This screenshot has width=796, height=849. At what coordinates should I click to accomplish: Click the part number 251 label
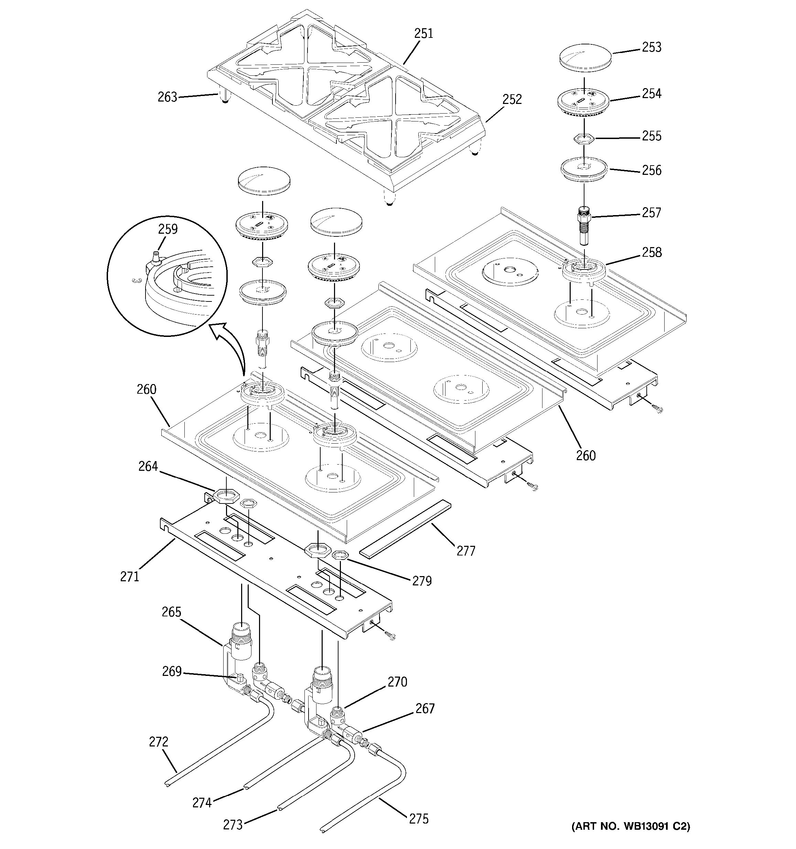[423, 33]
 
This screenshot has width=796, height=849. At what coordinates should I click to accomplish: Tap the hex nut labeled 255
[583, 138]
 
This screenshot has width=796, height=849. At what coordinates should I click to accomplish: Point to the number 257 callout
[651, 212]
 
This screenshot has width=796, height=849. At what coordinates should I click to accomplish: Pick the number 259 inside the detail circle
[168, 229]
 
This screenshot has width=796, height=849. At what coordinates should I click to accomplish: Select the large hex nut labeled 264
[222, 496]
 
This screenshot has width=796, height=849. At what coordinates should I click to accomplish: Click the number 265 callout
[171, 612]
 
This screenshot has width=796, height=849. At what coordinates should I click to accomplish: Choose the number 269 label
[172, 671]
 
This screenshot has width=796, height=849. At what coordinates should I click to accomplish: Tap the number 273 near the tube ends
[233, 824]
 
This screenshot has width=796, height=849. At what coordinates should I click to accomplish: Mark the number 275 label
[418, 819]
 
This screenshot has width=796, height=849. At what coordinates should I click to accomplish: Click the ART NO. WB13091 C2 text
[631, 826]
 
